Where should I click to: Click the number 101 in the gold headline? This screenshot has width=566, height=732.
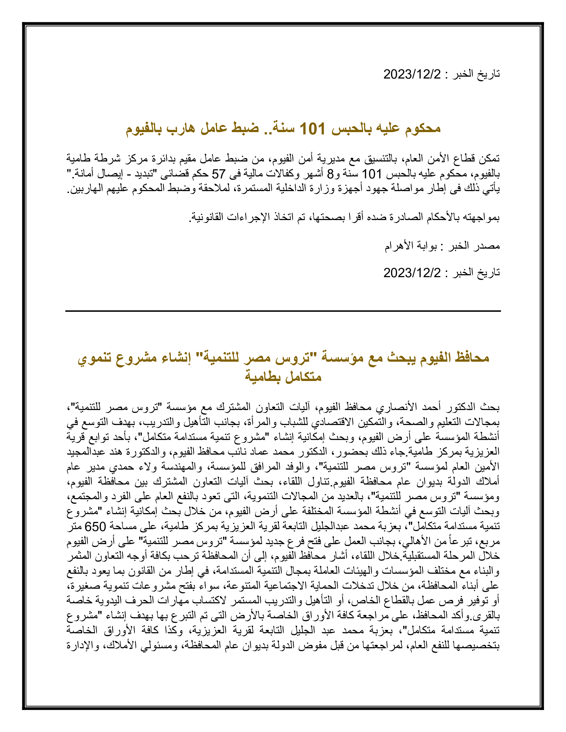click(x=312, y=129)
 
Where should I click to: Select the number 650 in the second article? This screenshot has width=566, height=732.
click(x=95, y=527)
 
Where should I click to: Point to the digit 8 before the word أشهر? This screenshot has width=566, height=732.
click(x=330, y=174)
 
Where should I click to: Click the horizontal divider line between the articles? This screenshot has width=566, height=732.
click(x=283, y=311)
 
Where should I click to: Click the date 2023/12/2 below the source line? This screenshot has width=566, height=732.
click(x=412, y=273)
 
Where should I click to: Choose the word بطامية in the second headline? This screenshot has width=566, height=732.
click(x=264, y=377)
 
